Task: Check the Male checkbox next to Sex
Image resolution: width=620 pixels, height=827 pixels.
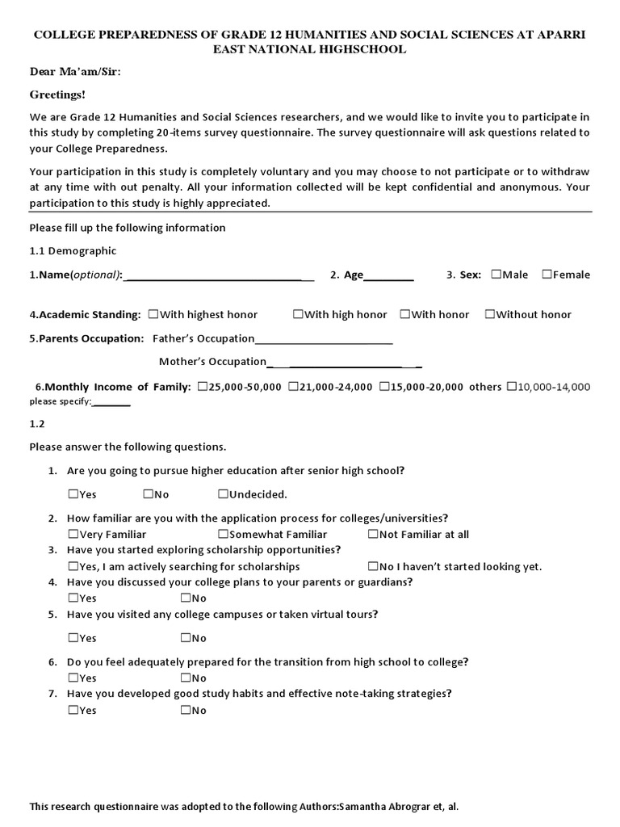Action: coord(495,275)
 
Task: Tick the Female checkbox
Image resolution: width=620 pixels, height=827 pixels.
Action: coord(547,275)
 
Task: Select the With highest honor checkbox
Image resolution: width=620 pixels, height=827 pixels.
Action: coord(153,314)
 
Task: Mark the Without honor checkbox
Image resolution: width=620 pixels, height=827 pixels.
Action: coord(489,314)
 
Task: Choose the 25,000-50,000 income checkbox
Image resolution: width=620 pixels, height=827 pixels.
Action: coord(201,387)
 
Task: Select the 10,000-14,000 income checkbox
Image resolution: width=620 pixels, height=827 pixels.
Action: coord(511,387)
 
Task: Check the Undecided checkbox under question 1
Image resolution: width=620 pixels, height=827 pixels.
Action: coord(222,494)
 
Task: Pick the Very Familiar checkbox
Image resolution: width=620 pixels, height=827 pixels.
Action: coord(73,534)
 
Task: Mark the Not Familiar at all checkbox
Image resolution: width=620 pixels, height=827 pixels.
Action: coord(372,534)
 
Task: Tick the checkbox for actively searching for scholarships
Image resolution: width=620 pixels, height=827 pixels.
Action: coord(73,566)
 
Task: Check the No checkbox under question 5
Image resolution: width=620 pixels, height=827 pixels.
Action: coord(185,638)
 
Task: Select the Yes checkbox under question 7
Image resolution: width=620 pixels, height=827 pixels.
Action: coord(73,710)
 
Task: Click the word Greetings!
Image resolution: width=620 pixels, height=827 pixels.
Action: coord(57,94)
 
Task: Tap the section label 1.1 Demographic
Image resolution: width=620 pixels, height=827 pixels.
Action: coord(73,250)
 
